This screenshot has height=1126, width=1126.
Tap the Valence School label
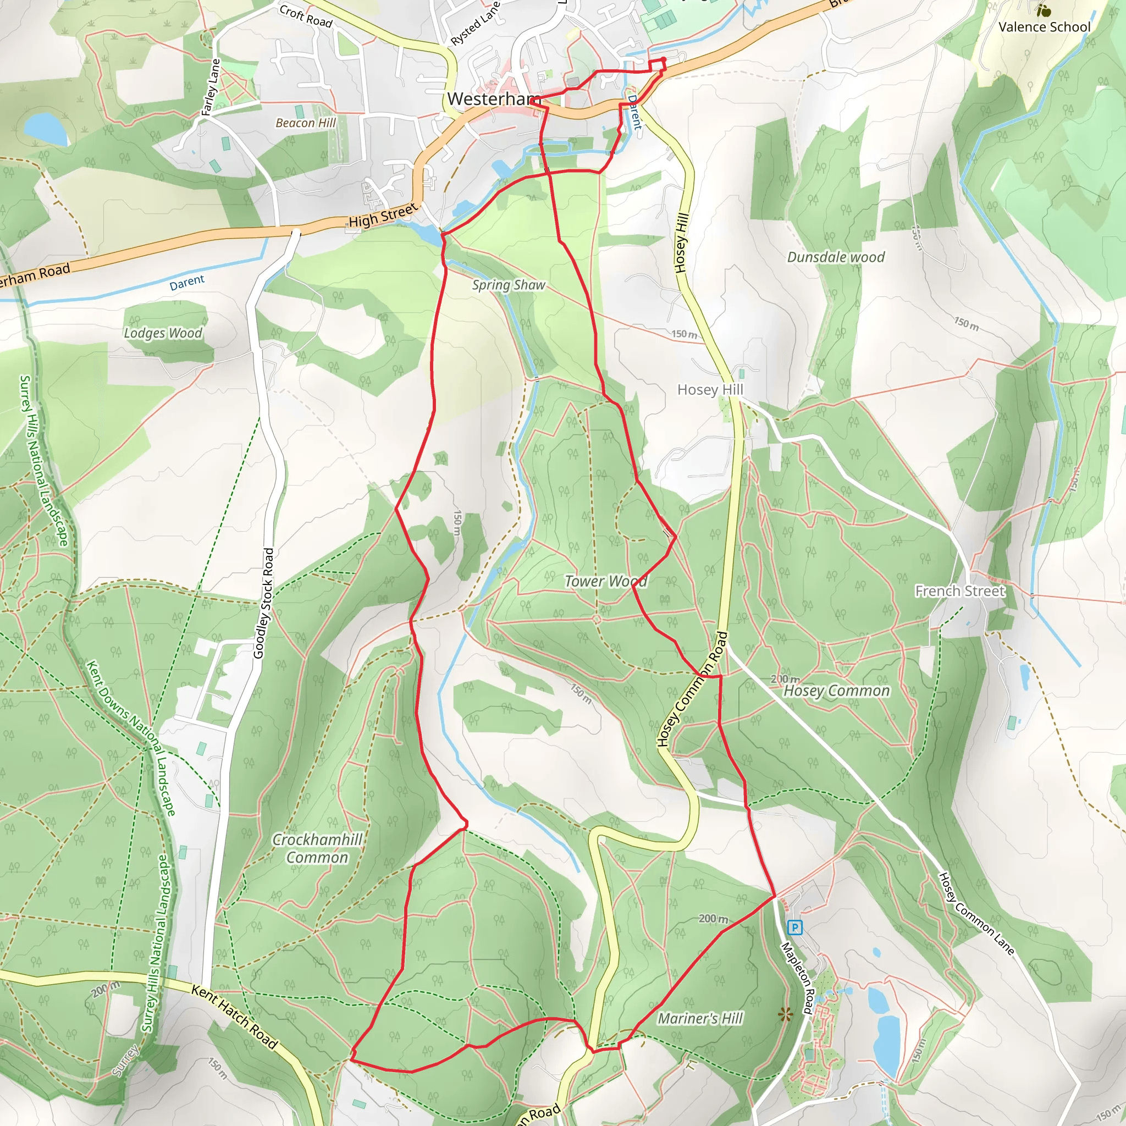(1044, 27)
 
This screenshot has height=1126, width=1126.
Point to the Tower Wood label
(605, 581)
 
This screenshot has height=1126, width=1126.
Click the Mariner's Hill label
(700, 1018)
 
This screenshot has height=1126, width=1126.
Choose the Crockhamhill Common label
(317, 848)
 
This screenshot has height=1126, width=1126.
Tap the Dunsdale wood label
(835, 257)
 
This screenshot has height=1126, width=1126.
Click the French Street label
(960, 591)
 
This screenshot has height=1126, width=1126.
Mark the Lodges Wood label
(163, 333)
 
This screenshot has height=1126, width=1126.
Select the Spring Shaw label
(508, 285)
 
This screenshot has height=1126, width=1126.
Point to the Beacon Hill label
(305, 123)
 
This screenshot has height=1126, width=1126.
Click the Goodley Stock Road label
(263, 603)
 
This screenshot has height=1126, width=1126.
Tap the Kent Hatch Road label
(234, 1017)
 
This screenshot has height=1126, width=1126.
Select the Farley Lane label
(211, 87)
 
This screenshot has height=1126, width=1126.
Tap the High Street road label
(383, 216)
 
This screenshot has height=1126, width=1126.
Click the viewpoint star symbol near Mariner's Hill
(785, 1016)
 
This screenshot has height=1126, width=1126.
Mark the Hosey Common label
(836, 691)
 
